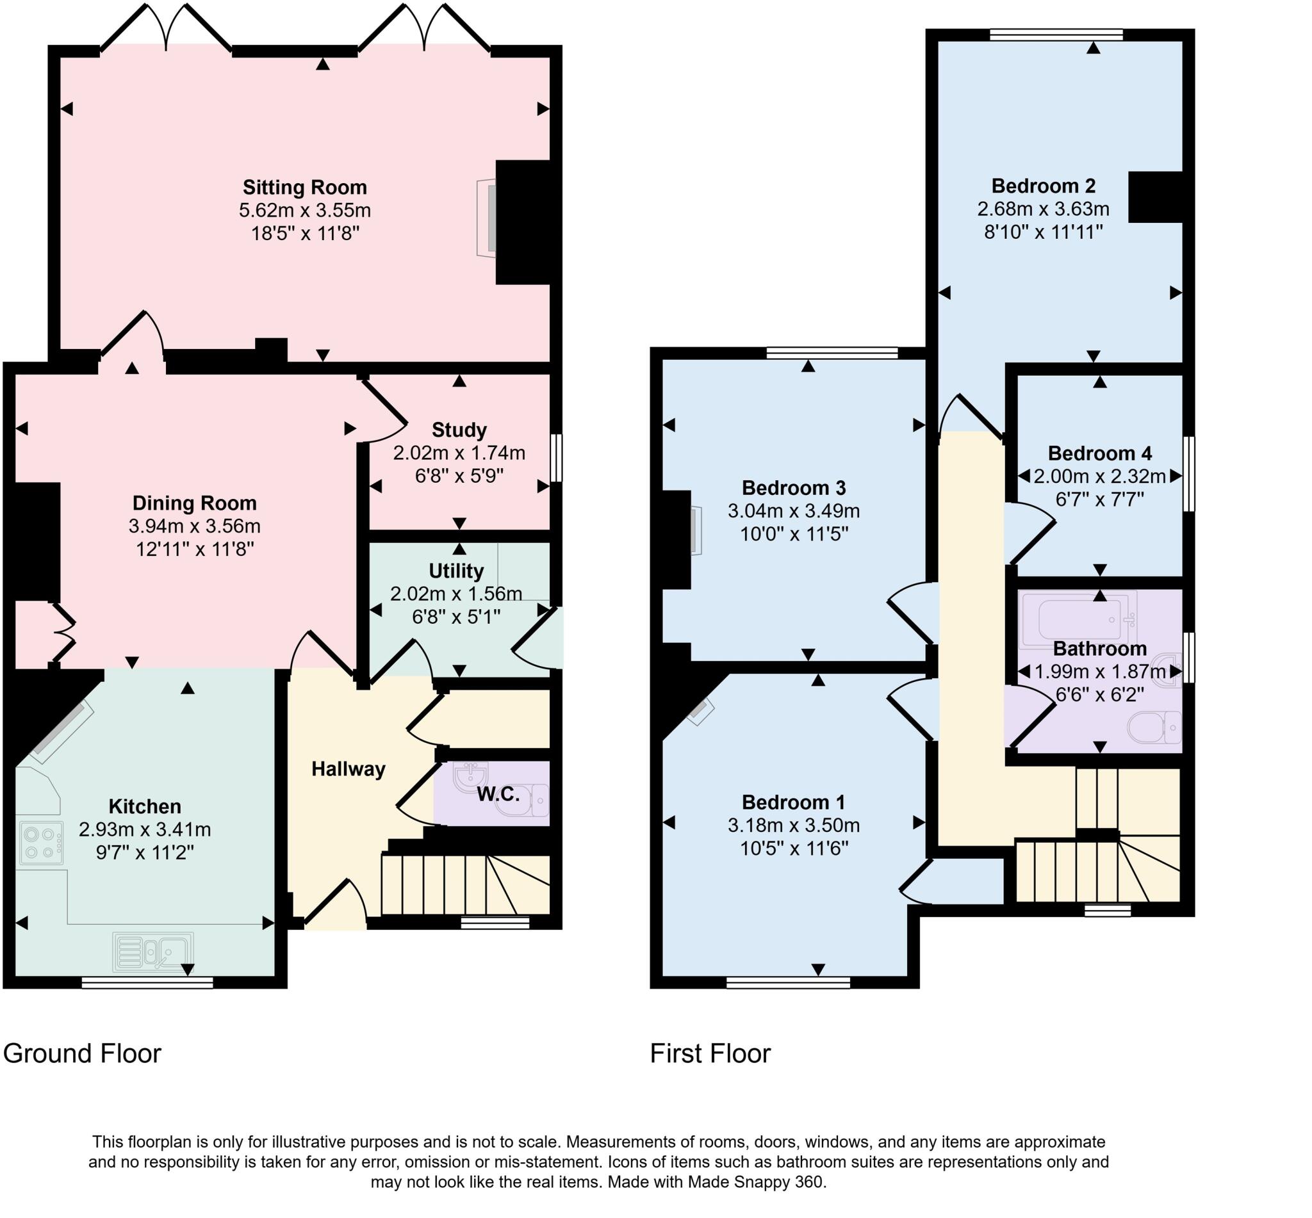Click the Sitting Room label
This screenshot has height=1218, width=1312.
304,187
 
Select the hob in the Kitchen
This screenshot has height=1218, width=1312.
41,842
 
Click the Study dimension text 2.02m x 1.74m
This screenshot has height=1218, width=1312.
459,453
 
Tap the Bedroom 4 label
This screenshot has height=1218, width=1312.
1100,453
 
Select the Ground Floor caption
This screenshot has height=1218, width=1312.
83,1053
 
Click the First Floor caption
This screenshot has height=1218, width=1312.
710,1053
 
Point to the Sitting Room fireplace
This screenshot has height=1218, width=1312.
488,218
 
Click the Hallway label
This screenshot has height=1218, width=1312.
348,768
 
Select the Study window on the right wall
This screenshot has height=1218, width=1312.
556,457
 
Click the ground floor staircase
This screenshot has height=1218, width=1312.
465,884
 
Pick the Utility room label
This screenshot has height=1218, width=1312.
456,570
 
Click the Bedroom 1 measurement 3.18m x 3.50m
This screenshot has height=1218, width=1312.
794,825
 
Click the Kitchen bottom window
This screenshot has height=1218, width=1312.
148,983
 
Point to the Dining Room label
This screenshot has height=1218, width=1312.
195,503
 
